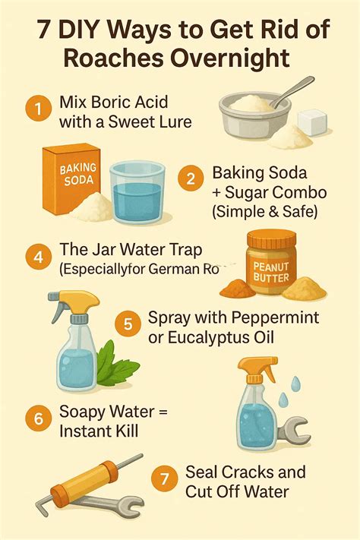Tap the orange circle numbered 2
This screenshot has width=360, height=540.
(190, 179)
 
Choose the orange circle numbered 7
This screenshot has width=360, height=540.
(163, 481)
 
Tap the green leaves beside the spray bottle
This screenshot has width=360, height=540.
(110, 357)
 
